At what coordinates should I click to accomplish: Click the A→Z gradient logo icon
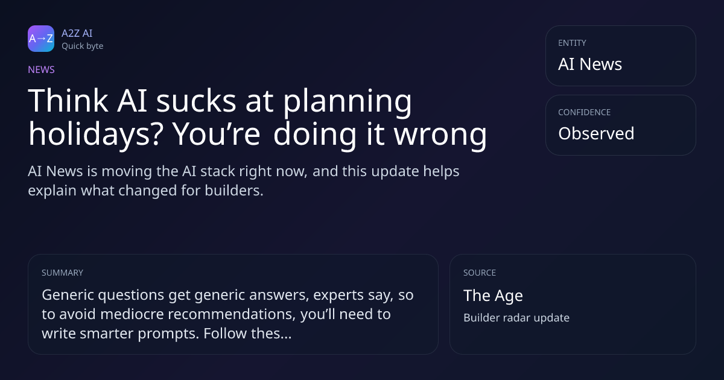(41, 39)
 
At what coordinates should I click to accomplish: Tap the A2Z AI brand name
(77, 33)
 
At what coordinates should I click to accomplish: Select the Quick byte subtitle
(83, 46)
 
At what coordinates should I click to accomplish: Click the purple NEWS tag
(41, 69)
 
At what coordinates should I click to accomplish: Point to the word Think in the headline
(68, 101)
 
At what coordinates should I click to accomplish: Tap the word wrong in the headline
(440, 136)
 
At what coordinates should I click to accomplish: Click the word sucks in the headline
(196, 101)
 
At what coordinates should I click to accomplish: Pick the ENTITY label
(572, 43)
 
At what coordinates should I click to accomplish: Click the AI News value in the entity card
(590, 64)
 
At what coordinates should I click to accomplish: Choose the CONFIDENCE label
(585, 112)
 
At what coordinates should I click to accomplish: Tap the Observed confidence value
(596, 133)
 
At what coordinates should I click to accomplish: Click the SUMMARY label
(62, 273)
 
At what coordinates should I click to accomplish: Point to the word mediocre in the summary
(132, 314)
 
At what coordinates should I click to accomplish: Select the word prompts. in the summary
(168, 334)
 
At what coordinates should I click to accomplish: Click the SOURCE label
(479, 273)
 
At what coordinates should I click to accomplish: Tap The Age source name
(493, 296)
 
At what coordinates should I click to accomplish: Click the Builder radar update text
(516, 318)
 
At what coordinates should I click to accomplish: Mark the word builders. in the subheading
(234, 191)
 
